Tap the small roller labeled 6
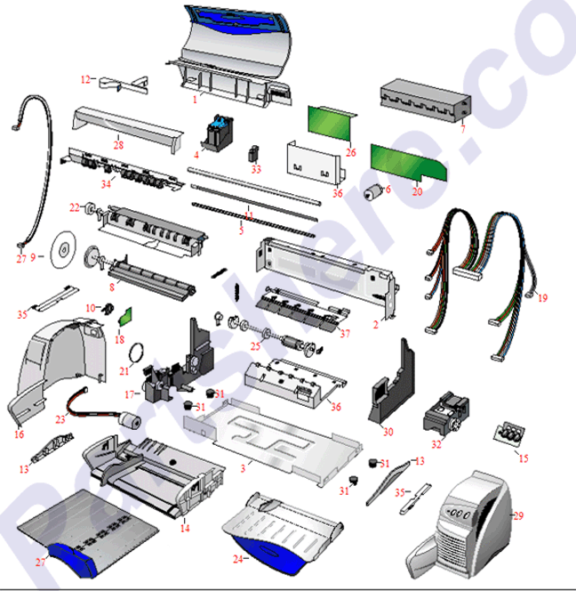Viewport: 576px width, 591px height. pos(373,191)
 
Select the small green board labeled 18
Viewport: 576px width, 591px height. pos(125,319)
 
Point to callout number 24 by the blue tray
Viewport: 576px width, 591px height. pos(237,559)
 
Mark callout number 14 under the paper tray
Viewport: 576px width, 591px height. pos(185,529)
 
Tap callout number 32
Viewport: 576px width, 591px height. pos(436,442)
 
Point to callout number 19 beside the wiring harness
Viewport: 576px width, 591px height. pos(542,296)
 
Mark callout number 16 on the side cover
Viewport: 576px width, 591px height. pos(20,434)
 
